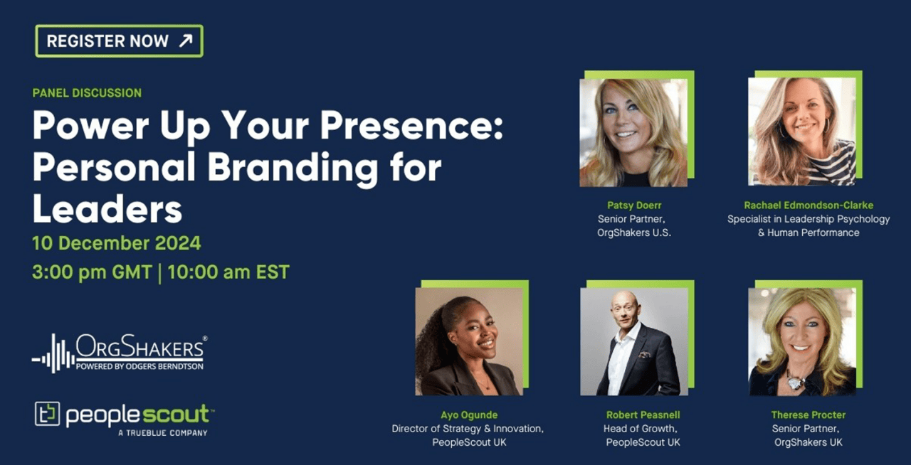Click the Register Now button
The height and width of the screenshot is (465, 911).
coord(119,41)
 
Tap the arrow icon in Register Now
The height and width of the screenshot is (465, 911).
coord(186,41)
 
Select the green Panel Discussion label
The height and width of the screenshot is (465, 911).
coord(87,93)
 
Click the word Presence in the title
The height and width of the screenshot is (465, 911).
coord(411,126)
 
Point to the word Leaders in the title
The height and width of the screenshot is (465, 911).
coord(107,208)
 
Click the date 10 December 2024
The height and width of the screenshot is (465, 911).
coord(116,243)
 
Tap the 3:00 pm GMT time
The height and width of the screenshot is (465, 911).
coord(92,272)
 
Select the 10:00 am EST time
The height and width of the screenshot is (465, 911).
coord(228,272)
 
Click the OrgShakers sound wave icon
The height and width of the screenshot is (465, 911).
coord(53,353)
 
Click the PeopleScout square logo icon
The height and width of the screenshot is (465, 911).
coord(47,414)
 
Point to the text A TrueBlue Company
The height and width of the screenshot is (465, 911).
coord(163,433)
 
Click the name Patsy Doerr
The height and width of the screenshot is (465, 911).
coord(634,205)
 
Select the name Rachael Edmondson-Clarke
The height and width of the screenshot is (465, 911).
coord(809,205)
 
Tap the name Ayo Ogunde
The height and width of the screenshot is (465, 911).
coord(469,415)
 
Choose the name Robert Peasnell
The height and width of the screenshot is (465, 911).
coord(643,415)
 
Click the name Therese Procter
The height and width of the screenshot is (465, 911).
coord(808,415)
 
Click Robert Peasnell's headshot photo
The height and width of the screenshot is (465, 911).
coord(634,341)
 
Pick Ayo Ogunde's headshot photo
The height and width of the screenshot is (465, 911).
coord(469,341)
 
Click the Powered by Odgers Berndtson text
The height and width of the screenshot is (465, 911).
coord(139,366)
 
